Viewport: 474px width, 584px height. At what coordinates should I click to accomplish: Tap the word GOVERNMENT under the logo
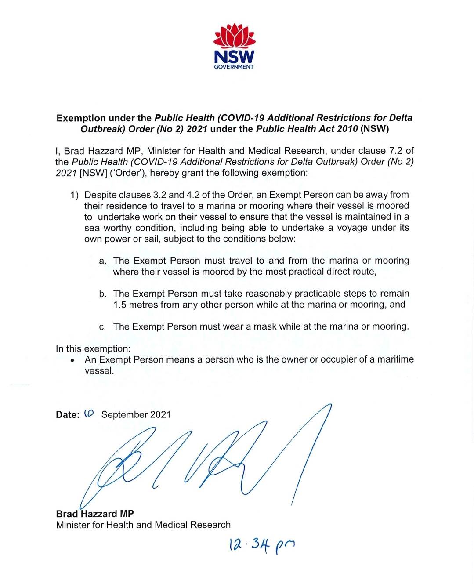click(x=234, y=67)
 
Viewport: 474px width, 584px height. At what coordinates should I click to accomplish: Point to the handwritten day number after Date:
click(x=89, y=414)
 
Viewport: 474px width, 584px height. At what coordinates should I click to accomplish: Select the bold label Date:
click(x=68, y=414)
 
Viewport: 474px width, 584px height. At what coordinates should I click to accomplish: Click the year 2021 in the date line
click(x=160, y=414)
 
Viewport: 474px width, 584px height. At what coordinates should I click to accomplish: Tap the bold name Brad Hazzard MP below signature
click(x=95, y=514)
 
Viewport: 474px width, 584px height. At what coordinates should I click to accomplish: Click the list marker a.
click(x=103, y=261)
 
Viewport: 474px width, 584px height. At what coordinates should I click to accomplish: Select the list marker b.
click(x=103, y=294)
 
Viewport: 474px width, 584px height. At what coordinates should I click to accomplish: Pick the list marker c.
click(x=103, y=327)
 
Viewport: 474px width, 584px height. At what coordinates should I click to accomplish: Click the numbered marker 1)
click(x=74, y=195)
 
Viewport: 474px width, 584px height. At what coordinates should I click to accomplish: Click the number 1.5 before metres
click(x=120, y=305)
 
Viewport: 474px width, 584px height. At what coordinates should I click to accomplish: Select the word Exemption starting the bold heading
click(x=81, y=118)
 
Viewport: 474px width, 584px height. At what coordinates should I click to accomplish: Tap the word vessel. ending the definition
click(x=99, y=370)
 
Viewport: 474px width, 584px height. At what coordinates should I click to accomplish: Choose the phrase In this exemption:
click(x=93, y=348)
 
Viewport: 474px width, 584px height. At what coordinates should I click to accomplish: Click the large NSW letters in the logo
click(x=234, y=57)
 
